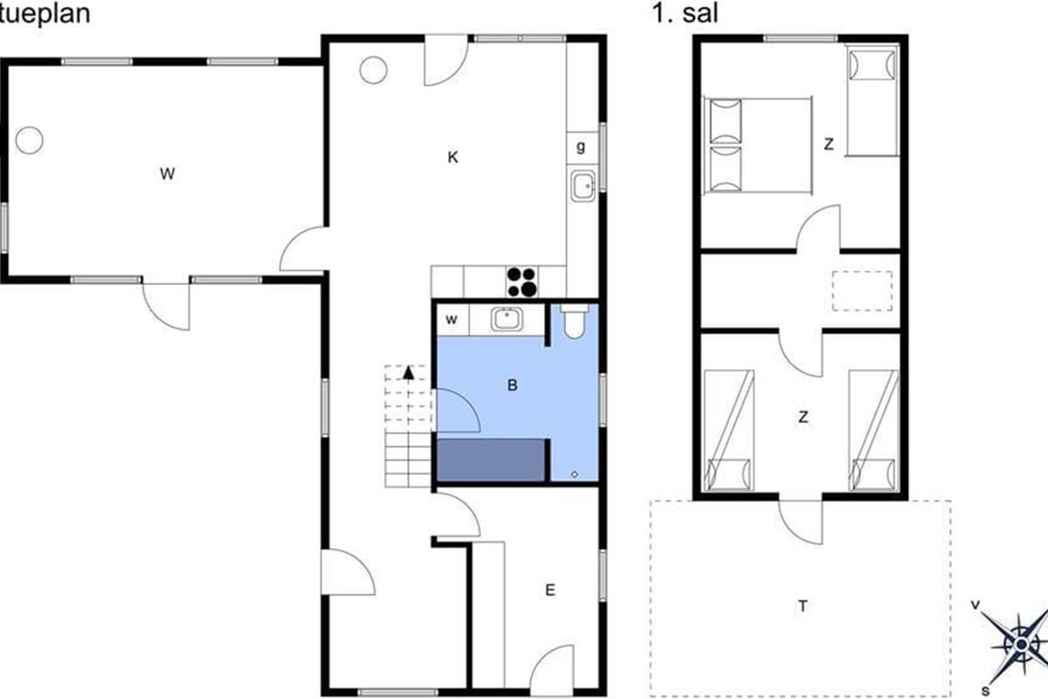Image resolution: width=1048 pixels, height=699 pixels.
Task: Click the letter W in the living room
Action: pos(167,174)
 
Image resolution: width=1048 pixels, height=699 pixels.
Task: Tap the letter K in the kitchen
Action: pos(452,157)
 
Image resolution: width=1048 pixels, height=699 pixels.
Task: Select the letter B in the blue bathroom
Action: pos(513,385)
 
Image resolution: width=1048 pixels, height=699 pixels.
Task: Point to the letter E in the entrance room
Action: pos(550,590)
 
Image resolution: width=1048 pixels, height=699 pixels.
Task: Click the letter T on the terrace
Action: pos(803,606)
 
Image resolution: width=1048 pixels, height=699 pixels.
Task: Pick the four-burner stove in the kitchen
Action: pos(522,282)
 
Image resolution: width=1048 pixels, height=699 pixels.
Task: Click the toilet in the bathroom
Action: pos(574,322)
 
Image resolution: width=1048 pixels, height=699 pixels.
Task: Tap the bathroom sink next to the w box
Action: pos(507,319)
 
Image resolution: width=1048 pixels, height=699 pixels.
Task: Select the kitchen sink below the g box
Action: pos(583,186)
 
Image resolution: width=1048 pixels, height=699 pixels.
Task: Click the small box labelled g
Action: pos(583,148)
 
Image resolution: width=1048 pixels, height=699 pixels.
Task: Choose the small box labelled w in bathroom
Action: pos(452,320)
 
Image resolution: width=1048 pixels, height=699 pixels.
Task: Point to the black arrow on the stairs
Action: pos(409,373)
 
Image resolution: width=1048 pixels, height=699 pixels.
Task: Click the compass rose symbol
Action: pos(1020,645)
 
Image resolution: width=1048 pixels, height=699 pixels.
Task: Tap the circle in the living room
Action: pos(30,140)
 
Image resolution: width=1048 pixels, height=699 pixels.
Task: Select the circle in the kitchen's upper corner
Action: pos(374,70)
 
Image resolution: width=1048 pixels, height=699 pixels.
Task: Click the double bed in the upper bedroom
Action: pos(758,146)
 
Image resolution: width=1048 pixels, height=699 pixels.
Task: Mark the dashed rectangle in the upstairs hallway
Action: pos(862,291)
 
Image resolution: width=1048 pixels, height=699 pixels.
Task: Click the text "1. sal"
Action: pos(685,13)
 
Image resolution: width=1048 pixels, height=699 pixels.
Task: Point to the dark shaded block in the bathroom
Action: pos(491,460)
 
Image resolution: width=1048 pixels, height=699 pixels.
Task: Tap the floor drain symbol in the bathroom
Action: pos(575,474)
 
